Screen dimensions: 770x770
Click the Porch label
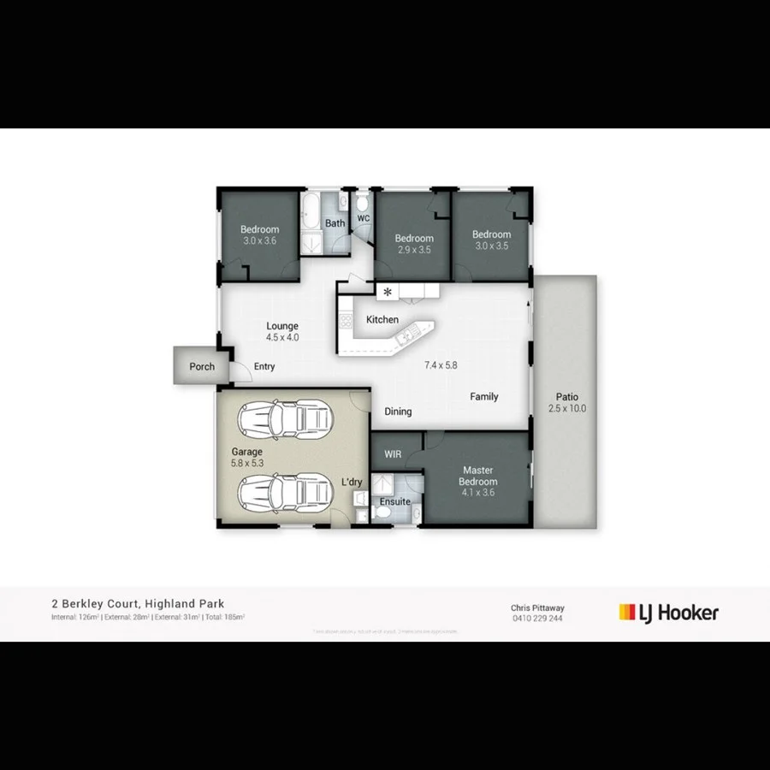[202, 367]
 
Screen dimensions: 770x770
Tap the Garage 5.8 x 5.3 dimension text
[246, 463]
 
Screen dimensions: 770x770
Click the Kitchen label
[382, 319]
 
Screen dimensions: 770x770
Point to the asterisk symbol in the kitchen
[388, 293]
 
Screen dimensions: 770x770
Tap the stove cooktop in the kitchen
[346, 322]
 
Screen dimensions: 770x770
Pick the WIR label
[393, 454]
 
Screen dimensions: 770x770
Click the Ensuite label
[394, 501]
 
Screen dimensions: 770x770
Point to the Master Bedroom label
[479, 476]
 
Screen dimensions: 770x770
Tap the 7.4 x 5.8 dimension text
[441, 365]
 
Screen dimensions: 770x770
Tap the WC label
[363, 218]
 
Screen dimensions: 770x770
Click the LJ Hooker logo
[668, 612]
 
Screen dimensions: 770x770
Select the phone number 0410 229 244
[537, 618]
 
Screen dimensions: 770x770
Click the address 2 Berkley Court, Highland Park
[138, 603]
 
